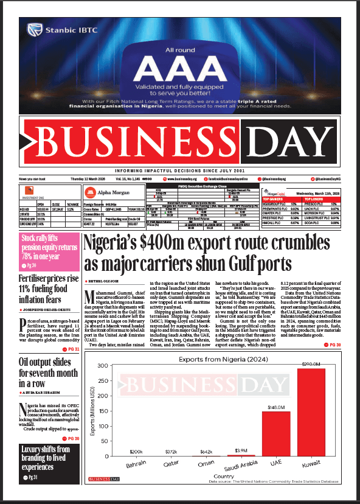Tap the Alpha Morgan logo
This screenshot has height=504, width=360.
click(x=106, y=194)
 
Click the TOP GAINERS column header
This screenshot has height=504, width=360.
click(x=273, y=198)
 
